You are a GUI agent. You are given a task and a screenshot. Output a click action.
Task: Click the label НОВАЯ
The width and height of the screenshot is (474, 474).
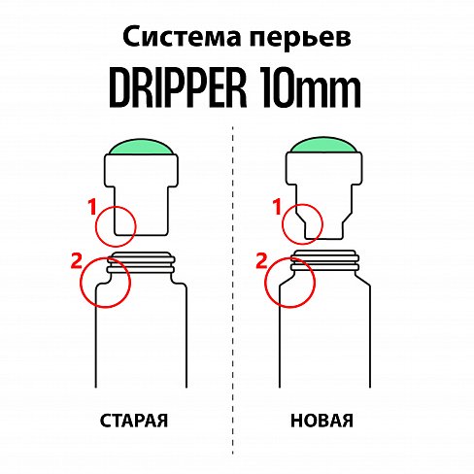tap(321, 422)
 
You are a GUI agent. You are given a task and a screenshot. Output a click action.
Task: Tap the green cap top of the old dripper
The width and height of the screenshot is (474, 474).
tap(142, 148)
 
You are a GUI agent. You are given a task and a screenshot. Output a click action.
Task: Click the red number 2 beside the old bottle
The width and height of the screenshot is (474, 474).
tap(78, 259)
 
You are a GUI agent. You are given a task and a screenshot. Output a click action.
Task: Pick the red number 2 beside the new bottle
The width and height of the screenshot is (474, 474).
tap(260, 259)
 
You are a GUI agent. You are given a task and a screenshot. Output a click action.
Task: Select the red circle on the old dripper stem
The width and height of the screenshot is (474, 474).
tap(116, 224)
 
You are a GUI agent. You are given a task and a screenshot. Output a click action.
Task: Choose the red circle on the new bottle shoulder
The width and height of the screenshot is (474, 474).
tap(289, 282)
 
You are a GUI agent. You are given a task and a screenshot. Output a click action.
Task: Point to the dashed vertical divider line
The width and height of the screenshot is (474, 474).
tap(234, 291)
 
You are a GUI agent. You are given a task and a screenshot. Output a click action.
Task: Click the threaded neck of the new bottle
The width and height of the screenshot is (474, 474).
tap(327, 261)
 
